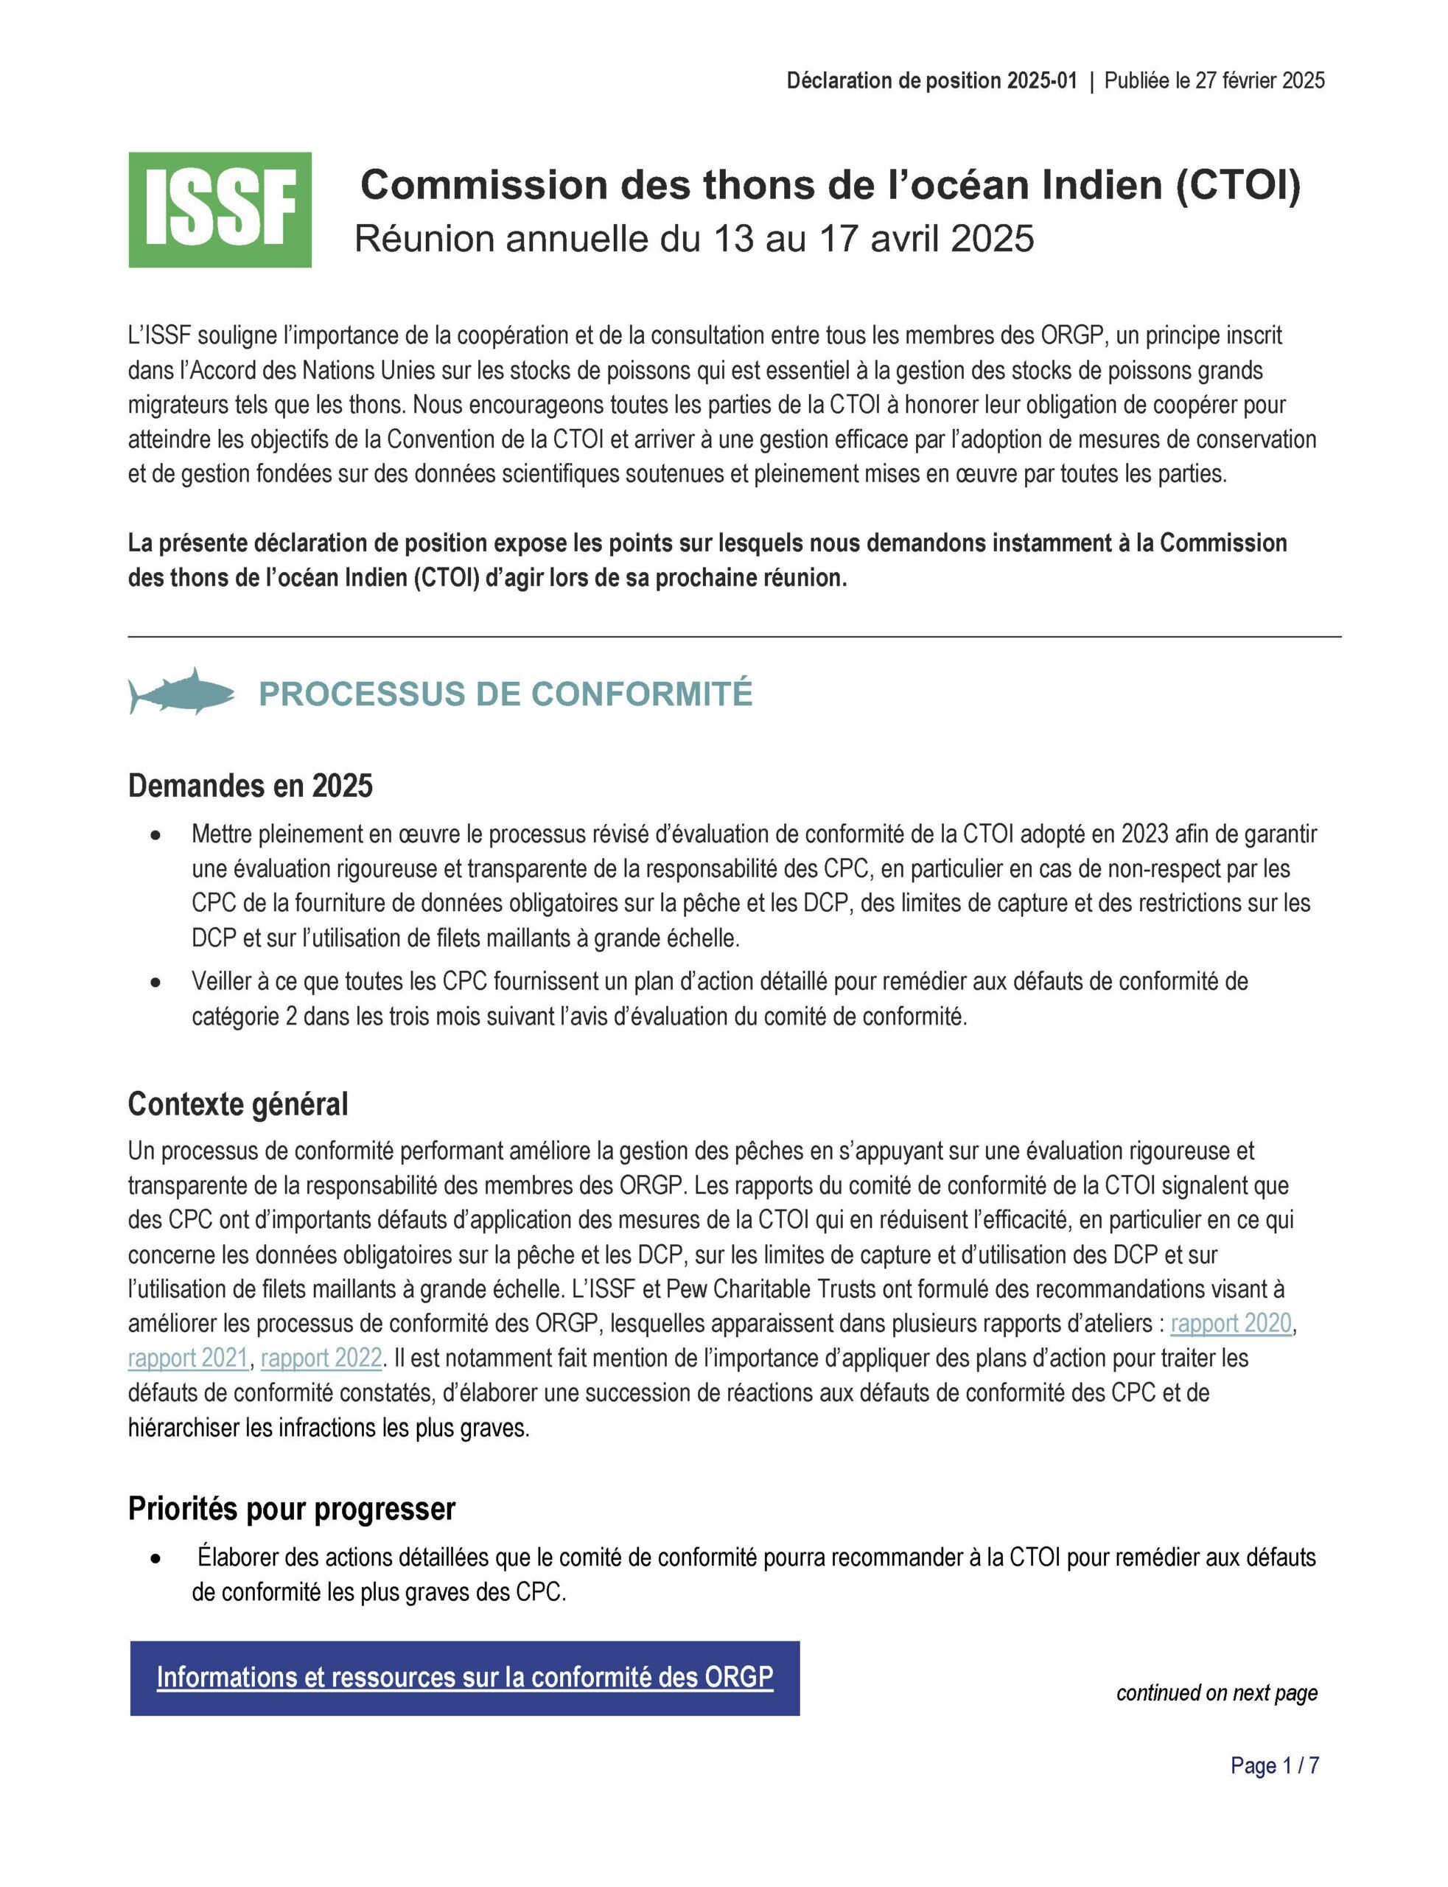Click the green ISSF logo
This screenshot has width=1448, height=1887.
click(220, 209)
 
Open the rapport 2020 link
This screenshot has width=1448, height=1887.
click(1230, 1323)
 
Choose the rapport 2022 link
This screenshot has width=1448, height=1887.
click(321, 1358)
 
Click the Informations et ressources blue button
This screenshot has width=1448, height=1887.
click(464, 1678)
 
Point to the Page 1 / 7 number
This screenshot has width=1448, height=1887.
click(1274, 1765)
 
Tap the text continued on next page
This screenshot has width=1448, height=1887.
click(1216, 1692)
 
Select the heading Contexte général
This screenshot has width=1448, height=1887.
click(238, 1103)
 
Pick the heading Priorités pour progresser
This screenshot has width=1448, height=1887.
click(291, 1509)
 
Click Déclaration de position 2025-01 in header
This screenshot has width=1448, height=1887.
click(931, 81)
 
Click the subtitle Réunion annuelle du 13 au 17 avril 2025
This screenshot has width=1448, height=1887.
click(694, 239)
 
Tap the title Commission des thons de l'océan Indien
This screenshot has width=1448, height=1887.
click(829, 184)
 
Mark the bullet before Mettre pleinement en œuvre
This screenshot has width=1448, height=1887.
click(155, 835)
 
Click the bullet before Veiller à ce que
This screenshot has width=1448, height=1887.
click(155, 982)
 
